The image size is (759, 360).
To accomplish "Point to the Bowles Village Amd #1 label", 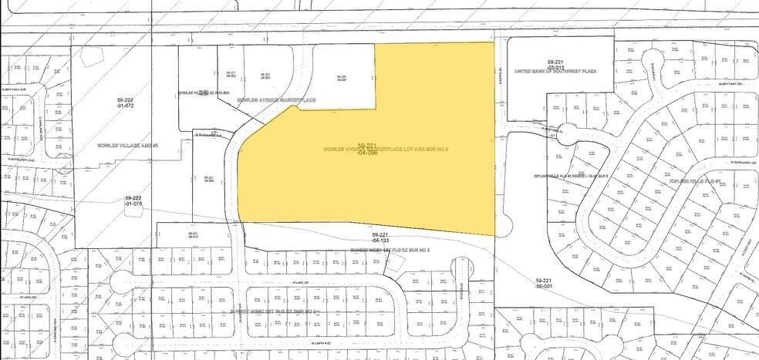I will pos(127,145).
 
